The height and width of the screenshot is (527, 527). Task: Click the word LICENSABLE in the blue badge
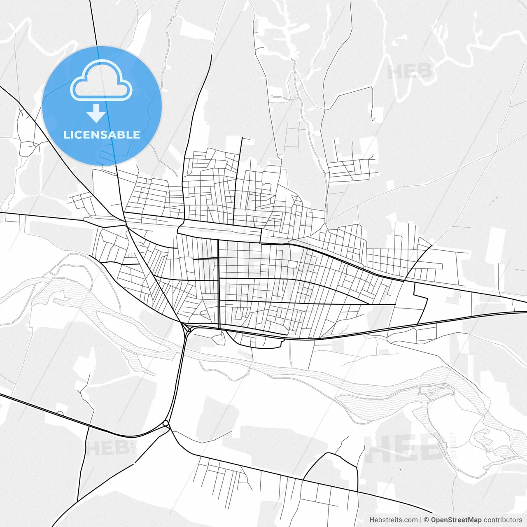pos(102,135)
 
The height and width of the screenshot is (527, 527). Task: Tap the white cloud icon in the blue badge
pos(101,80)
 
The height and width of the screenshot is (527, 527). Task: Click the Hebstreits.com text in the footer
pos(393,520)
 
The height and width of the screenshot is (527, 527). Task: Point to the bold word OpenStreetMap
pos(456,520)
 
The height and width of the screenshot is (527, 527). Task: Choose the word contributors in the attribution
pos(503,520)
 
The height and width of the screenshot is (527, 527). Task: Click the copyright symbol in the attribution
pos(427,520)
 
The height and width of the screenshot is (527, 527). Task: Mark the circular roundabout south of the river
pos(166,423)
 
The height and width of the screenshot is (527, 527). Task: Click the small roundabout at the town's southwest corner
pos(188,329)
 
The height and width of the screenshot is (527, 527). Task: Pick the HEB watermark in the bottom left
pos(108,448)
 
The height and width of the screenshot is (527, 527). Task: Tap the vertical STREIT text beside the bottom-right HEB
pos(454,445)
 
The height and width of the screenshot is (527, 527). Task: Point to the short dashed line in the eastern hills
pos(494,201)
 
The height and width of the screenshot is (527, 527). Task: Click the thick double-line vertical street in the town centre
pos(218,284)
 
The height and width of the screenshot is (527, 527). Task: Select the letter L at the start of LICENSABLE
pos(66,135)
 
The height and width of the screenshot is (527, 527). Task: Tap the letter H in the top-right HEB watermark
pos(395,72)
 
